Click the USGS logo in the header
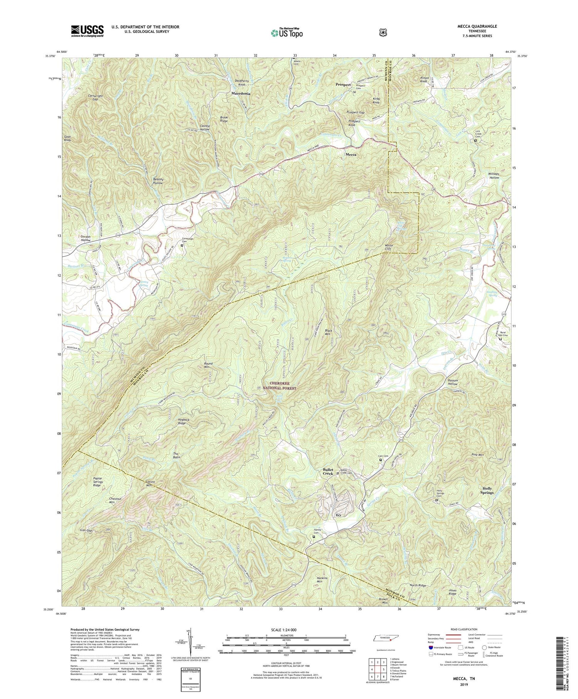click(x=87, y=31)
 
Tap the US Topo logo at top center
click(x=287, y=32)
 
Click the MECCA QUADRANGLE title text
click(x=478, y=26)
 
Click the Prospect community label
click(x=343, y=84)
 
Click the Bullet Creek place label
click(x=328, y=472)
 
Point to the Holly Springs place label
click(x=487, y=490)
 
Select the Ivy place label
click(x=338, y=515)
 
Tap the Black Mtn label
click(x=328, y=332)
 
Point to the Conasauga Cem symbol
click(x=182, y=245)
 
